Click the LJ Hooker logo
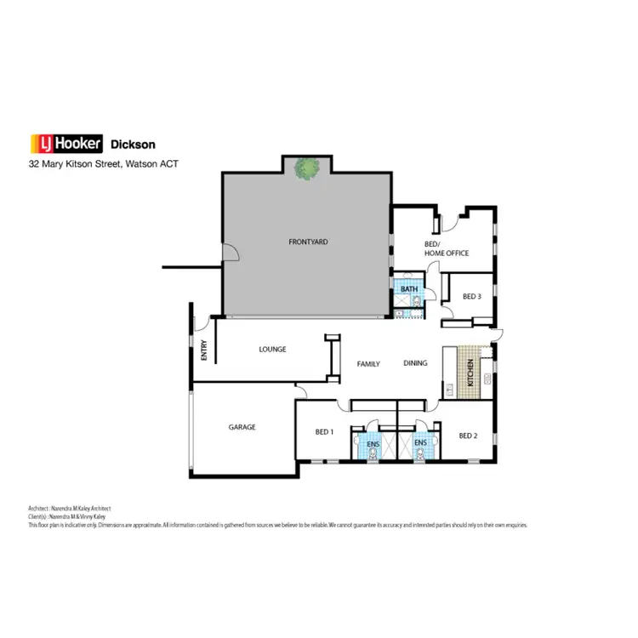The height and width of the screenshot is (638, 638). click(66, 144)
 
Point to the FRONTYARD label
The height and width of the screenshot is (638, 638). click(308, 242)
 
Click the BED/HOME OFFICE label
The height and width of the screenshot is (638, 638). click(446, 248)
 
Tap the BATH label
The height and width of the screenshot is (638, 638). click(409, 289)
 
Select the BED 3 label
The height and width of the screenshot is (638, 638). click(472, 297)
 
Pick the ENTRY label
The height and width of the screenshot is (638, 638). click(204, 350)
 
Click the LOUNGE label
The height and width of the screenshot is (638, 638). click(272, 349)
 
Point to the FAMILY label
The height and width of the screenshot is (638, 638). click(368, 364)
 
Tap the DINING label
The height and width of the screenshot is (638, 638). click(415, 364)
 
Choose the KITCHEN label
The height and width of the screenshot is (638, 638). click(469, 374)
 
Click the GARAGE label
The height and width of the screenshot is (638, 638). click(242, 427)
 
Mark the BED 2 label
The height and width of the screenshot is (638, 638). click(467, 436)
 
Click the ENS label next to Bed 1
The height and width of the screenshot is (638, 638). click(372, 443)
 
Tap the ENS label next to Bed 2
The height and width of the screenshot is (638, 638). click(419, 443)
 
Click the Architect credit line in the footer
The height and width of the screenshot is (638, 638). click(69, 509)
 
